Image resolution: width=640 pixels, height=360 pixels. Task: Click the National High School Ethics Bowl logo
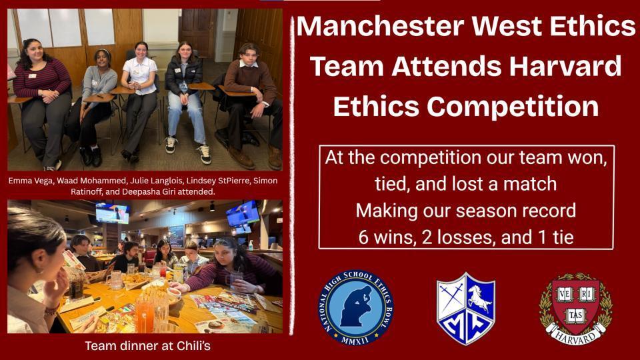[x=355, y=307]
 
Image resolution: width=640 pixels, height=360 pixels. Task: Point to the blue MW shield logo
[x=465, y=307]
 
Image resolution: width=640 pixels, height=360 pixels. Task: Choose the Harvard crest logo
[x=574, y=307]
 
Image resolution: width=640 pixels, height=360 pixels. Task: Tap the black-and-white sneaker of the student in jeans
[x=205, y=154]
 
